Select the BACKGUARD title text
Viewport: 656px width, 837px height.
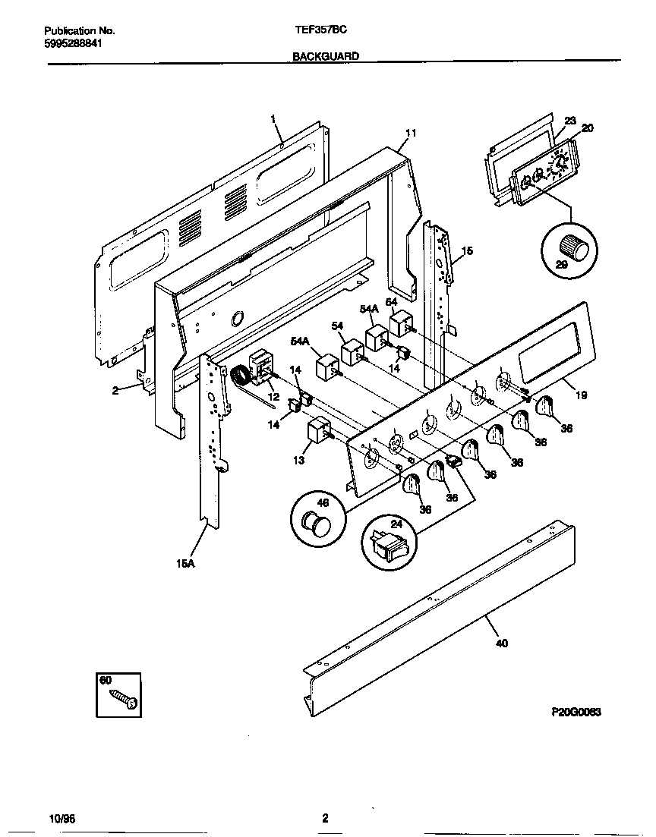tap(326, 56)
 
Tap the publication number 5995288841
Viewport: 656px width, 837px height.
tap(73, 43)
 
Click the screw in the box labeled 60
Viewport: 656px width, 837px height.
tap(123, 699)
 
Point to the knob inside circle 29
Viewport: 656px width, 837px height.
tap(569, 247)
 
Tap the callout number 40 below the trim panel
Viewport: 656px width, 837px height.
tap(501, 643)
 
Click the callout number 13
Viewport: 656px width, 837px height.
tap(299, 460)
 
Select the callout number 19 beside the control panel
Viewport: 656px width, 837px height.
tap(581, 395)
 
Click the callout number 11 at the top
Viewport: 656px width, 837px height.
tap(410, 133)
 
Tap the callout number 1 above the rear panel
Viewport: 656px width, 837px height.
tap(273, 118)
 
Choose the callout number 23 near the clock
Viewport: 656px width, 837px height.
tap(570, 120)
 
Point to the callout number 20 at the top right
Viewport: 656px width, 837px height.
tap(587, 128)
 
